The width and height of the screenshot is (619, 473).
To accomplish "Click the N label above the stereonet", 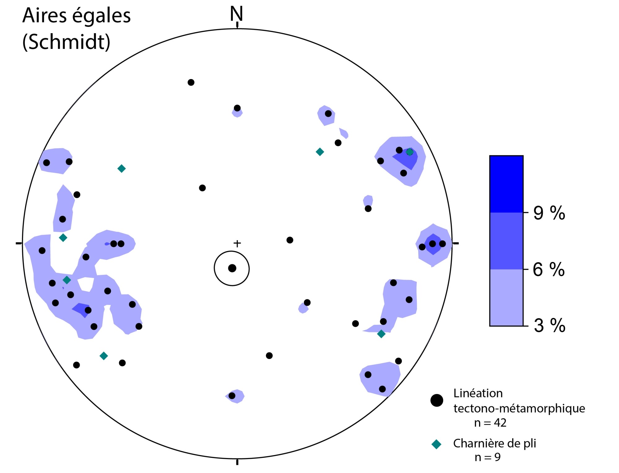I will point(236,14).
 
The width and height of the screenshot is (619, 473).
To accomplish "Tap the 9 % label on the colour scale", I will point(549,213).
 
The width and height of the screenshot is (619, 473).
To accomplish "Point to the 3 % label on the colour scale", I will point(549,325).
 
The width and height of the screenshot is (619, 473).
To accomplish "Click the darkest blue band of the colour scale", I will point(506,184).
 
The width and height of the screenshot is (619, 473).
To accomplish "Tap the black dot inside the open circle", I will point(232,268).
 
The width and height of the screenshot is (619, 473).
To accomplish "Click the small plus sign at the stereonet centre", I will point(237,244).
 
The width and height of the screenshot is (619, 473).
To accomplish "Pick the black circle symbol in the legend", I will point(437,400).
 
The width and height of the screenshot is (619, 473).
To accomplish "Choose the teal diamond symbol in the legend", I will point(436,444).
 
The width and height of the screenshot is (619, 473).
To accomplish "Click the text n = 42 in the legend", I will point(490,423).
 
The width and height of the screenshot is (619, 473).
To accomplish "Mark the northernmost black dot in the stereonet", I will point(191,82).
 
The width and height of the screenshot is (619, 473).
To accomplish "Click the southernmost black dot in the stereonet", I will point(232,396).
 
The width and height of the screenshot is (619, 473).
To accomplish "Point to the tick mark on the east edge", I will point(456,243).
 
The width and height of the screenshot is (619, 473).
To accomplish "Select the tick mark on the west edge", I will point(19,243).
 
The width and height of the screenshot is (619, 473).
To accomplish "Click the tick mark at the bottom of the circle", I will point(237,462).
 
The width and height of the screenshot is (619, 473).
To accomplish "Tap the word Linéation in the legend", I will point(478,393).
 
